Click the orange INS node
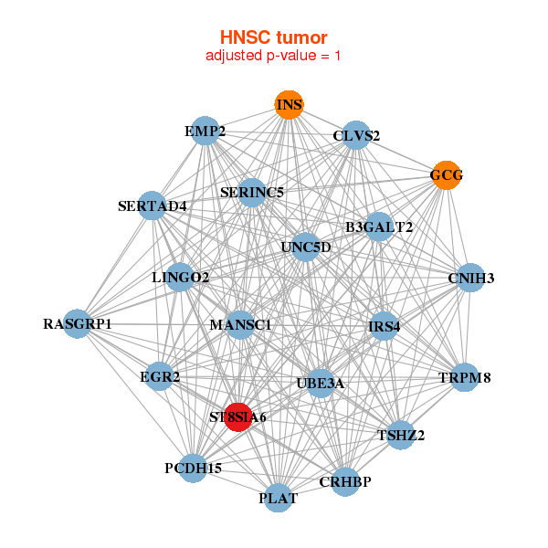(289, 105)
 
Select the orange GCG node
(446, 175)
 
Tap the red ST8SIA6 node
(238, 416)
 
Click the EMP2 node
(205, 132)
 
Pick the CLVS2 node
(356, 136)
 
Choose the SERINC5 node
(252, 192)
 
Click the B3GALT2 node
(379, 227)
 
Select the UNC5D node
(306, 247)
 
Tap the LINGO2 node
(181, 277)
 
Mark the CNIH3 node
(470, 278)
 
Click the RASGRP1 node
(78, 323)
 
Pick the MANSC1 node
(240, 324)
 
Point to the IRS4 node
(384, 326)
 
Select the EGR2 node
(160, 376)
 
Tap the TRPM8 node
(464, 377)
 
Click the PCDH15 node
(193, 468)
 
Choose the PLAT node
(279, 498)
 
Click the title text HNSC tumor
(274, 37)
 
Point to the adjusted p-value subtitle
(274, 56)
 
